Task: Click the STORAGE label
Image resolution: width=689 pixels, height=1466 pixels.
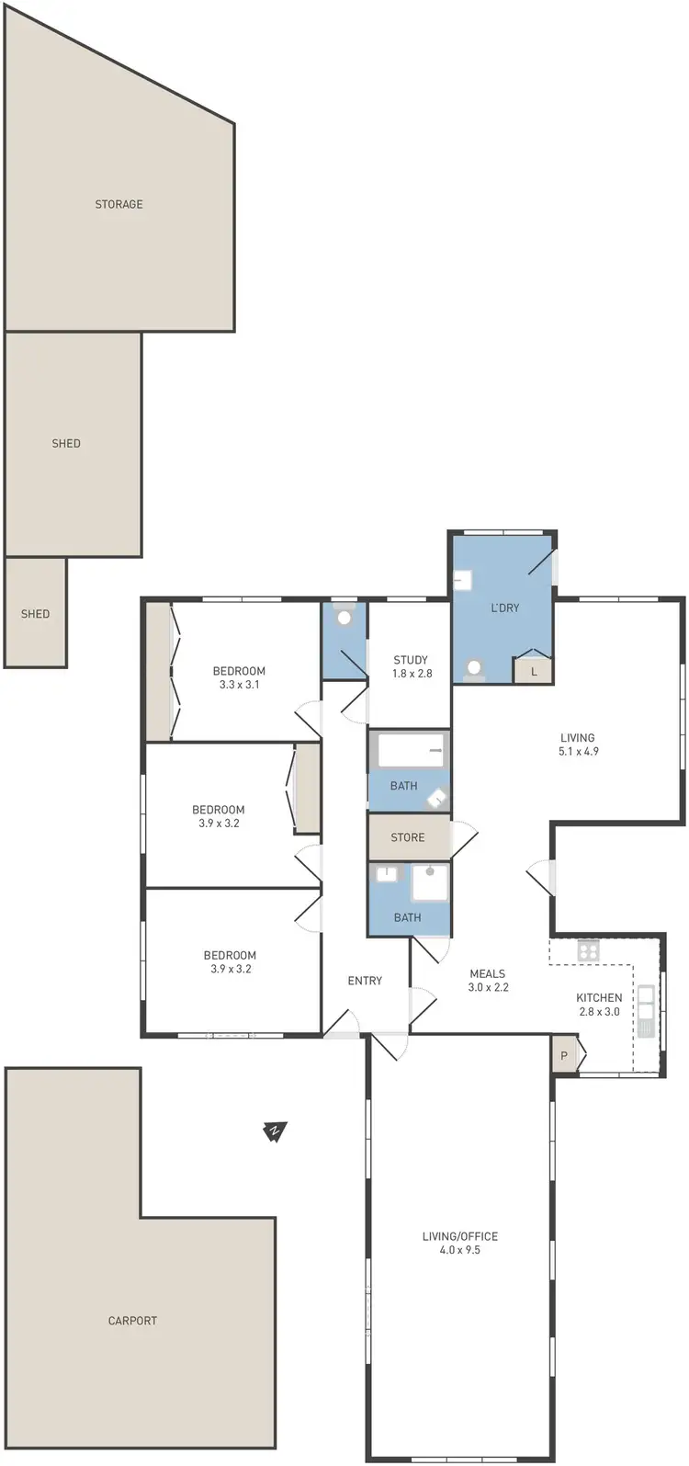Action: click(x=119, y=204)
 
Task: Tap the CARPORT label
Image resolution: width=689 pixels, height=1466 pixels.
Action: click(x=132, y=1321)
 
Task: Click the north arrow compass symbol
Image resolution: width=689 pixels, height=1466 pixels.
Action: click(x=274, y=1131)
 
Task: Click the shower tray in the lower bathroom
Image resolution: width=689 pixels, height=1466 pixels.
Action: click(x=429, y=883)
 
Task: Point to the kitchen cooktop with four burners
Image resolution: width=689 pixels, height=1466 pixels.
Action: click(x=588, y=951)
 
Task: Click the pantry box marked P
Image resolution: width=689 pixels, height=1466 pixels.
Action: click(x=564, y=1057)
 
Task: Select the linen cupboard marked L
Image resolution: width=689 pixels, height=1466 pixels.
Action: click(x=534, y=672)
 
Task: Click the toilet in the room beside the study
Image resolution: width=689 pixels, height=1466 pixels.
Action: click(x=344, y=617)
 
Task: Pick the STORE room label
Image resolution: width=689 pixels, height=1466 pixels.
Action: click(x=408, y=837)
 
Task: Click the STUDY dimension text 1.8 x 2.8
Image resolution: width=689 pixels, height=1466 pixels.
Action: click(x=411, y=674)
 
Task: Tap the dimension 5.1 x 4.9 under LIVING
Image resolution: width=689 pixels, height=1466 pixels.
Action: click(x=578, y=751)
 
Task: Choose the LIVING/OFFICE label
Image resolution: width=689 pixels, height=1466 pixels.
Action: click(x=459, y=1236)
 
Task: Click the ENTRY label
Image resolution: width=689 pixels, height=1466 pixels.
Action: click(x=365, y=981)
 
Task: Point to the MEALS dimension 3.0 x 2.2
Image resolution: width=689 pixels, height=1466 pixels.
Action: click(x=488, y=987)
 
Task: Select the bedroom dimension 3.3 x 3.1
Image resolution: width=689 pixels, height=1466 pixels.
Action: click(x=239, y=685)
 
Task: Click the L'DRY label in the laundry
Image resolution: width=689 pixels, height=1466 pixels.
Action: click(x=505, y=608)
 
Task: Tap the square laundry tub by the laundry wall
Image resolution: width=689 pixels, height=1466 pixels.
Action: click(x=463, y=581)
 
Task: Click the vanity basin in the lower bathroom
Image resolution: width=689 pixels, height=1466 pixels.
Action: click(x=386, y=874)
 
